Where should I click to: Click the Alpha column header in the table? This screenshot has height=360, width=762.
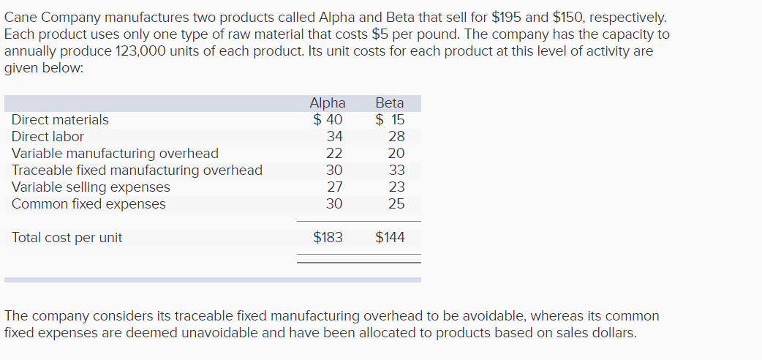click(328, 103)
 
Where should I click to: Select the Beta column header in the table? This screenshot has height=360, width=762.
click(390, 103)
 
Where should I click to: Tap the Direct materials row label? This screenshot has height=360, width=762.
click(60, 119)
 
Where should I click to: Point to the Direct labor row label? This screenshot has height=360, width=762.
click(48, 136)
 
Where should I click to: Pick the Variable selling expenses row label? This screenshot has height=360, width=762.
click(91, 187)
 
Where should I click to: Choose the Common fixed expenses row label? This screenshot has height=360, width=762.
click(88, 204)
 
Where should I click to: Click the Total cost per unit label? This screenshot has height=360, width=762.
click(67, 237)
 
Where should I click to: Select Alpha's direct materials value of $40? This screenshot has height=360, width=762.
click(328, 119)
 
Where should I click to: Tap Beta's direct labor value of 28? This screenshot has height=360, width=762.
click(396, 136)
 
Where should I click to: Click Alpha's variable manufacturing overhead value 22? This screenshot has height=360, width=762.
click(334, 154)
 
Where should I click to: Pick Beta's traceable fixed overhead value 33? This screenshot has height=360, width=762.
click(396, 170)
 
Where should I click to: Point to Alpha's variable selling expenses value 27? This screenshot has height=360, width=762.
click(334, 187)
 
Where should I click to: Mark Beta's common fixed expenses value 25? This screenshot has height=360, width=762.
click(396, 204)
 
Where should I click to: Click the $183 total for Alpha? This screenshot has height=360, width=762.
click(328, 237)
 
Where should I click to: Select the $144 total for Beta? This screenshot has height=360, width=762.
click(390, 237)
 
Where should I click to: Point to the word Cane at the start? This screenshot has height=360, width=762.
click(21, 16)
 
